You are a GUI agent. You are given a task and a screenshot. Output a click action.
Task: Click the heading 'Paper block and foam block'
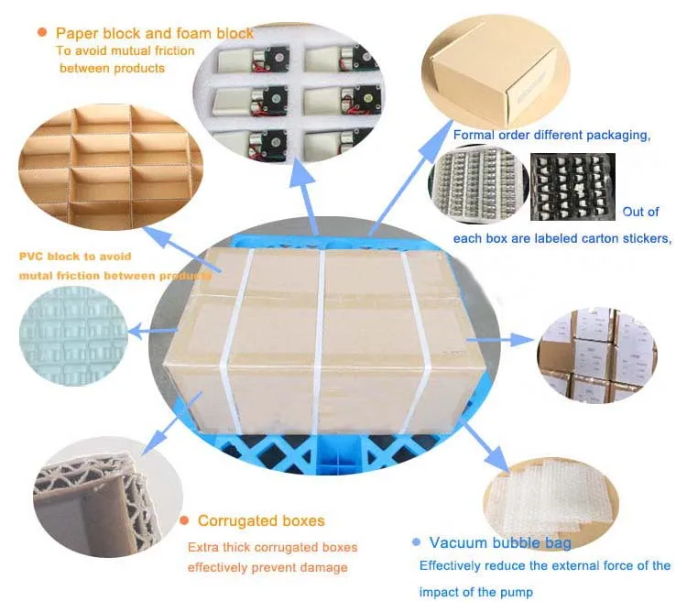tap(155, 34)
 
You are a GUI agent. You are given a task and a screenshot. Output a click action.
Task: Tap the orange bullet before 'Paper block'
tap(42, 32)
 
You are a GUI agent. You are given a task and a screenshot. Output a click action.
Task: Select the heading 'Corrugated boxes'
tap(261, 521)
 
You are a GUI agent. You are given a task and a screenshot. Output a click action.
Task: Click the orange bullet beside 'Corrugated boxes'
tap(184, 520)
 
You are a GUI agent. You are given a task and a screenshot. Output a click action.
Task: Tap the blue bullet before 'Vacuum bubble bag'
tap(417, 541)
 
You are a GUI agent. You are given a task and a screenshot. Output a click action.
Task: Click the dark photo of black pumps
tap(572, 187)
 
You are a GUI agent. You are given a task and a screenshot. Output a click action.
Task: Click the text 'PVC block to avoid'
tap(75, 256)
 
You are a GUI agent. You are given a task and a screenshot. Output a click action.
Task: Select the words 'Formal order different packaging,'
tap(551, 136)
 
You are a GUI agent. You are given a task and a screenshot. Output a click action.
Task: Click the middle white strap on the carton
tap(317, 339)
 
